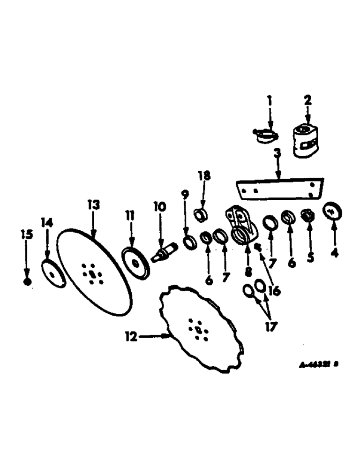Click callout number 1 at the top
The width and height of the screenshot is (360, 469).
(x=270, y=100)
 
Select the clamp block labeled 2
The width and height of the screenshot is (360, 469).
(x=307, y=139)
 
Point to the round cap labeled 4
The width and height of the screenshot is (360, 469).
(x=333, y=212)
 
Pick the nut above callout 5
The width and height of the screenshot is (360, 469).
(x=308, y=216)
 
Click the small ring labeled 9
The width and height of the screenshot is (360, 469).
(x=190, y=243)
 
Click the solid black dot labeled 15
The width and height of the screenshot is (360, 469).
(x=27, y=281)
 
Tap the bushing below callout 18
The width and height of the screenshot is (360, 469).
(x=202, y=215)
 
